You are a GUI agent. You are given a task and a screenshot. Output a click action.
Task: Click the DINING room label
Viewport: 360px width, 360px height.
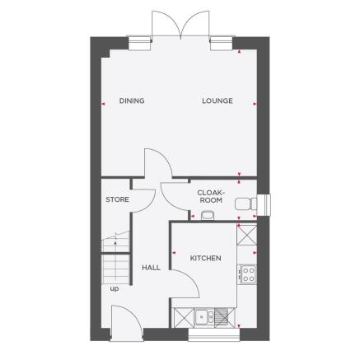132,101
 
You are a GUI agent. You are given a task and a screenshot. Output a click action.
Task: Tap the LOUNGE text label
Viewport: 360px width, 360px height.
217,101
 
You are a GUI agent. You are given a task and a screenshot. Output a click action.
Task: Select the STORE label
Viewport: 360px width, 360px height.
117,199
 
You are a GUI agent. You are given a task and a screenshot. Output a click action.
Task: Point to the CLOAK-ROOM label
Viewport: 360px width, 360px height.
211,197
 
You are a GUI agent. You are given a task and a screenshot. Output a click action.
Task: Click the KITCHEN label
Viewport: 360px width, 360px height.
205,259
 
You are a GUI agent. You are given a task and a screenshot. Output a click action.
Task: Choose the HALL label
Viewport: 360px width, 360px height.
151,268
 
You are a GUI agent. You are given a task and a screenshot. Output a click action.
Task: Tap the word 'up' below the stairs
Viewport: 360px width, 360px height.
114,289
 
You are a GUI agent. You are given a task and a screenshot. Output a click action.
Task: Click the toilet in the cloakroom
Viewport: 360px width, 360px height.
244,203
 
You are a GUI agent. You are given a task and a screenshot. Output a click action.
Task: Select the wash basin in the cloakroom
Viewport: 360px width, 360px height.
207,216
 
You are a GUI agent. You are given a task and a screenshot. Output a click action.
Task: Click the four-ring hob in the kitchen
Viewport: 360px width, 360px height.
246,273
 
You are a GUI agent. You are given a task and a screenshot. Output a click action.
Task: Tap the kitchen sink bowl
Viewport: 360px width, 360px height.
201,316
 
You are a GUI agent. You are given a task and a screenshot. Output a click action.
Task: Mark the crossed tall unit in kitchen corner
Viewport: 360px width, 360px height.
246,234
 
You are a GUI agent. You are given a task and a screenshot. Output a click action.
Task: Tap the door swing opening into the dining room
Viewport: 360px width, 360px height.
157,162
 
